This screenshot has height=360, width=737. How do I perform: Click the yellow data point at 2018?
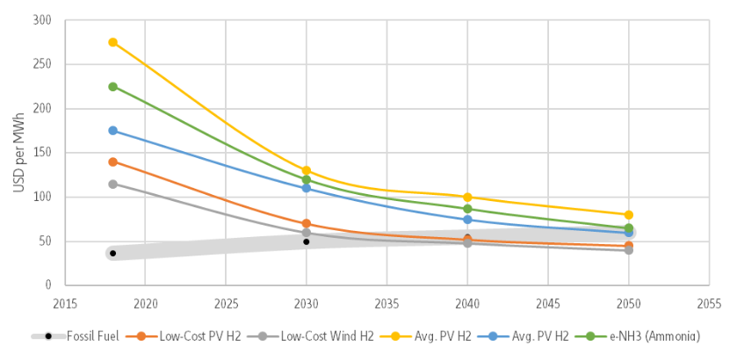click(112, 42)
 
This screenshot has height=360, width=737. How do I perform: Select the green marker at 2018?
click(112, 87)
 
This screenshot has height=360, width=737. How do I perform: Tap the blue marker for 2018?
click(112, 131)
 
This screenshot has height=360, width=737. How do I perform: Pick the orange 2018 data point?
click(112, 162)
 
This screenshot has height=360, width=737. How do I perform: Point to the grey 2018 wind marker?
click(112, 184)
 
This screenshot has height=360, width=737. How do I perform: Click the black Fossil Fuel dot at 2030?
click(307, 241)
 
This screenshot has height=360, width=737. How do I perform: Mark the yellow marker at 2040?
click(467, 197)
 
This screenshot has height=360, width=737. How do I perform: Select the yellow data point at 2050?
click(629, 214)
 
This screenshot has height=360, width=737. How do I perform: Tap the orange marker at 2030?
click(307, 224)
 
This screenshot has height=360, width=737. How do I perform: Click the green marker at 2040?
click(467, 209)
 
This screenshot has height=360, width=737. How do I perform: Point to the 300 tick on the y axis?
click(41, 20)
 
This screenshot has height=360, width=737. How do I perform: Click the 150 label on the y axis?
click(41, 153)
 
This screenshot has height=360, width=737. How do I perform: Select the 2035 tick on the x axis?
click(387, 303)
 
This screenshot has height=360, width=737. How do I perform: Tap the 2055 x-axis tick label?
click(709, 303)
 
